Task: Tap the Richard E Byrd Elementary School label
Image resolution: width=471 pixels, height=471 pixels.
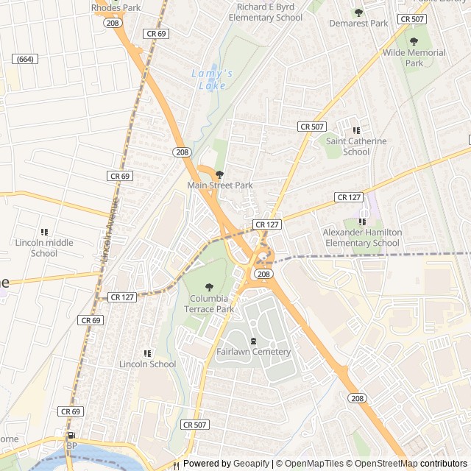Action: [x=265, y=12]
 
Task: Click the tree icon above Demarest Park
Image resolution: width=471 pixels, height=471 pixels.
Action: [x=358, y=13]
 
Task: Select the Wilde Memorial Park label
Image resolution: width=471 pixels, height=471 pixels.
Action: [x=414, y=57]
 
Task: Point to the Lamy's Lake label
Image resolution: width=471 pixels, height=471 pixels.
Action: [x=211, y=79]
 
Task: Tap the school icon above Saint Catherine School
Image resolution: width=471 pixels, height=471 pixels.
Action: [x=357, y=130]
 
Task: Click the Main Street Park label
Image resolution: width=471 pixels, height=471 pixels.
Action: [x=220, y=185]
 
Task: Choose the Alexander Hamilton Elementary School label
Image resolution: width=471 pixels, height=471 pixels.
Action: [x=362, y=237]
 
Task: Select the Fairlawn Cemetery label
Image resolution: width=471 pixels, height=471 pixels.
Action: [x=254, y=352]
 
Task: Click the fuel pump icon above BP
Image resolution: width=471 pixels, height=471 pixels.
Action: [x=71, y=436]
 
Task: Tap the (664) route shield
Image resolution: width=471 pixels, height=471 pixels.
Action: [x=25, y=59]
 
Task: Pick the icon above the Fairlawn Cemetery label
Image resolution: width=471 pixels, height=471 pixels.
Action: [x=254, y=341]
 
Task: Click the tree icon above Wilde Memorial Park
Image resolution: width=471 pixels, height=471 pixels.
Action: [x=414, y=42]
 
